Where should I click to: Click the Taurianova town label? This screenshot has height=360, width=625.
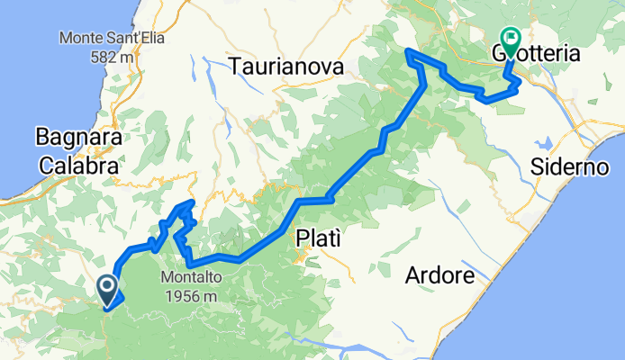(286, 67)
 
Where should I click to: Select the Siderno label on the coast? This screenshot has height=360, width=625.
(570, 167)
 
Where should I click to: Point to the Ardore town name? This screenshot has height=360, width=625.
(439, 275)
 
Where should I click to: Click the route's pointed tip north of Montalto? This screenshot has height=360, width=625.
(190, 203)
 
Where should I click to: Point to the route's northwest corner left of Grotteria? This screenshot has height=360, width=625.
(409, 51)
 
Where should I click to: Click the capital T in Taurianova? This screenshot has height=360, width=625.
(235, 67)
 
